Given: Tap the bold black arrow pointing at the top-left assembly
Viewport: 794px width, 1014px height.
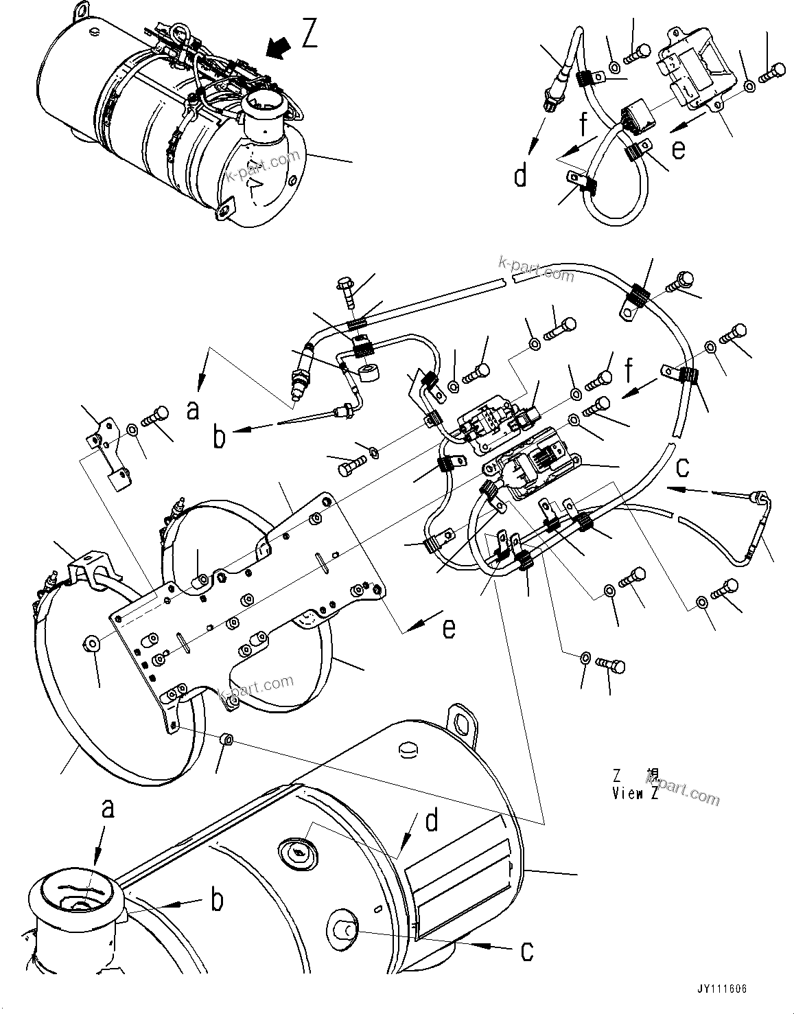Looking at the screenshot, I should coord(277,48).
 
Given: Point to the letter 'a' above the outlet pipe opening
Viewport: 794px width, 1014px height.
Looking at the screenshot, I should coord(107,810).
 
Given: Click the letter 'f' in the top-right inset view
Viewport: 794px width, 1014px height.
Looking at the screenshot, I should coord(583,126).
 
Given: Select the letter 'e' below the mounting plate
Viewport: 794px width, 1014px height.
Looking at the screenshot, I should coord(448,628).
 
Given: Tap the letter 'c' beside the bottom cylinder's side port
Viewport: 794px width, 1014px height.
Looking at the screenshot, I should coord(526,951).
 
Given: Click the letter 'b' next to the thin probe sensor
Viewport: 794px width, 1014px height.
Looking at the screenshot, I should coord(219,437).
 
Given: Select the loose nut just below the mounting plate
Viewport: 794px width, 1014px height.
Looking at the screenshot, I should coord(227,739).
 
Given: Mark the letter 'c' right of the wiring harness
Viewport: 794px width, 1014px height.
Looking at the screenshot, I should coord(681,467).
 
